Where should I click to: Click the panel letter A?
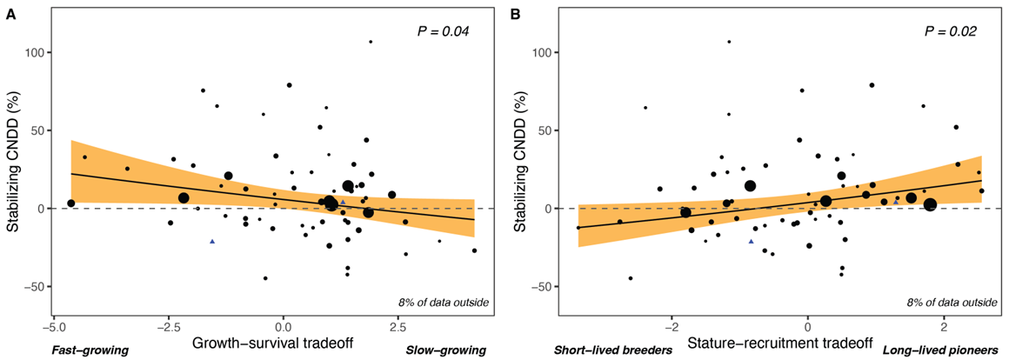[x=10, y=15]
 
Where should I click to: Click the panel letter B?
[x=514, y=15]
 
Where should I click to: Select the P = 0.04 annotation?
[x=441, y=32]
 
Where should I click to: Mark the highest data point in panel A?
[x=371, y=42]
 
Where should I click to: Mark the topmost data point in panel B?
[x=729, y=42]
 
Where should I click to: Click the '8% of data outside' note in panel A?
[x=444, y=303]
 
